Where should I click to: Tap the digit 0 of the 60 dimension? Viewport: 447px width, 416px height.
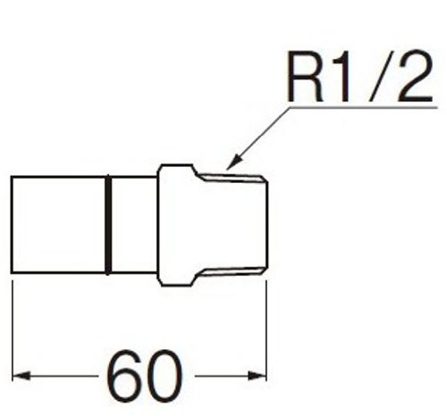(164, 376)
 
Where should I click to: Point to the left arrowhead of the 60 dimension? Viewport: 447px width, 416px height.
(21, 376)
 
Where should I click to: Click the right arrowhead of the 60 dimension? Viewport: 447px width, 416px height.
(257, 376)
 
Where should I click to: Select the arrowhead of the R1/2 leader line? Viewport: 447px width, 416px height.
(235, 162)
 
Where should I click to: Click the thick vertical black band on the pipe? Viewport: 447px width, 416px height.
(108, 225)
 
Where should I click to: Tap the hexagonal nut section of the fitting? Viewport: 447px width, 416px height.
(176, 225)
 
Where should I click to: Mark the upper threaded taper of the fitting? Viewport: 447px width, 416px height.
(232, 179)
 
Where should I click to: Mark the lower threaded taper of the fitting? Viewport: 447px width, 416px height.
(232, 271)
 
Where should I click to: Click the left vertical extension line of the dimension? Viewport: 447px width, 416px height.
(13, 330)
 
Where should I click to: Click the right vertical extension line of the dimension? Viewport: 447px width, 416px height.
(266, 330)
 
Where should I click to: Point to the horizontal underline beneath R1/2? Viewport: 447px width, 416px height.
(363, 107)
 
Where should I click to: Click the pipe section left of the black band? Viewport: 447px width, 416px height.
(58, 225)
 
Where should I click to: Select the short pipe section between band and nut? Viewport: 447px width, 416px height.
(134, 225)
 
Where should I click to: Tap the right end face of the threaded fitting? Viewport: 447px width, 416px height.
(267, 225)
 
